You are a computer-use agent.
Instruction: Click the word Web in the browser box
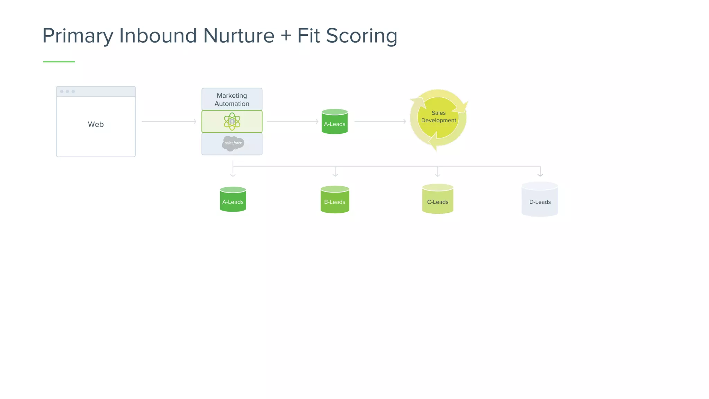[96, 124]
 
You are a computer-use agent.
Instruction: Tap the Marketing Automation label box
[232, 99]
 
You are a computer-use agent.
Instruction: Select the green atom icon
[232, 122]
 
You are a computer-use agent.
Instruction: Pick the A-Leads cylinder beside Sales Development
[334, 122]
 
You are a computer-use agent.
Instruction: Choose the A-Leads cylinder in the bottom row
[233, 200]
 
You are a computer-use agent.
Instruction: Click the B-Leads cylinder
[335, 200]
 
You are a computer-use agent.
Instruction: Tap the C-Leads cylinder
[438, 199]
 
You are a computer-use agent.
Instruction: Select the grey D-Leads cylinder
[540, 200]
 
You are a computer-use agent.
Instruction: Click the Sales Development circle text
[438, 117]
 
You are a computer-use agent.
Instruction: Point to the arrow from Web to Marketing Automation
[169, 122]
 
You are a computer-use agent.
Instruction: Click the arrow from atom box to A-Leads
[293, 122]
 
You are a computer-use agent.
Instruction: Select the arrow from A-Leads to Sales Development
[380, 122]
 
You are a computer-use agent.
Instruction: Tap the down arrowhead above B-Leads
[335, 175]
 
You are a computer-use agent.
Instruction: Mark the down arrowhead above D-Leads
[540, 174]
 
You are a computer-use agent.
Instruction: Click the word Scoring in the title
[361, 36]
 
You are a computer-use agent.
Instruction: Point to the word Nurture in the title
[239, 36]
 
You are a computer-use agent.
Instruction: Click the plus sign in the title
[286, 36]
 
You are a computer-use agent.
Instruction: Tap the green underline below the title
[59, 62]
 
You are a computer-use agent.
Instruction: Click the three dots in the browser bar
[67, 91]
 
